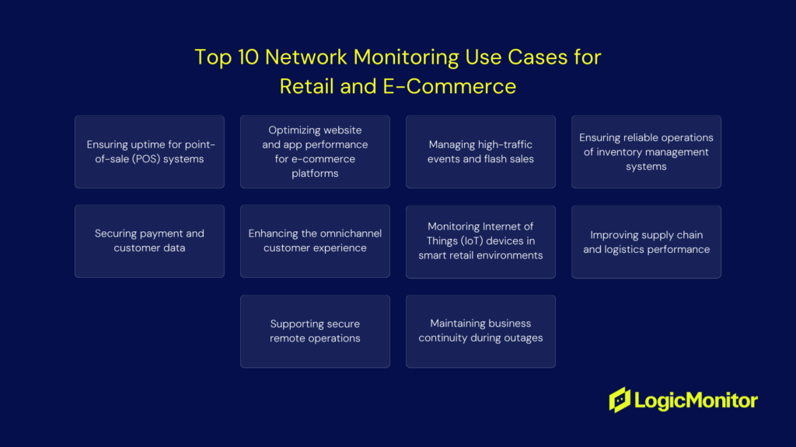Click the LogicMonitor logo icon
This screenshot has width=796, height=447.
tap(620, 400)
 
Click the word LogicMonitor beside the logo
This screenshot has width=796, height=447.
tap(696, 401)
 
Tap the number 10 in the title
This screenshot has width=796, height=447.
tap(248, 57)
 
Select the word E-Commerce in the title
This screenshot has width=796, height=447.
tap(449, 86)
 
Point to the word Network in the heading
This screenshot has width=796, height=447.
tap(306, 57)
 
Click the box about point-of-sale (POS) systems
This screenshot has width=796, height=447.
tap(149, 151)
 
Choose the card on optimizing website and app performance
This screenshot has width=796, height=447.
tap(316, 151)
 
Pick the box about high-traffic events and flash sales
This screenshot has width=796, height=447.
tap(480, 151)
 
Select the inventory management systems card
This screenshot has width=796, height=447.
tap(646, 151)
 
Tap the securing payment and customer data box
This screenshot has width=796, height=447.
tap(149, 241)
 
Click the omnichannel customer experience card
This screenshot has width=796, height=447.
tap(316, 241)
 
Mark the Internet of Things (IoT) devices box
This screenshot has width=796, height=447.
tap(480, 242)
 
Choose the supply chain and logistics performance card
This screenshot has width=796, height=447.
tap(646, 242)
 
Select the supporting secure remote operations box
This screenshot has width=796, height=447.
tap(316, 331)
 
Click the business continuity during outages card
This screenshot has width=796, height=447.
tap(480, 331)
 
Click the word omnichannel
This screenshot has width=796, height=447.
tap(351, 233)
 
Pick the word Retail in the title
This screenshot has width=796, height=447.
tap(306, 86)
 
